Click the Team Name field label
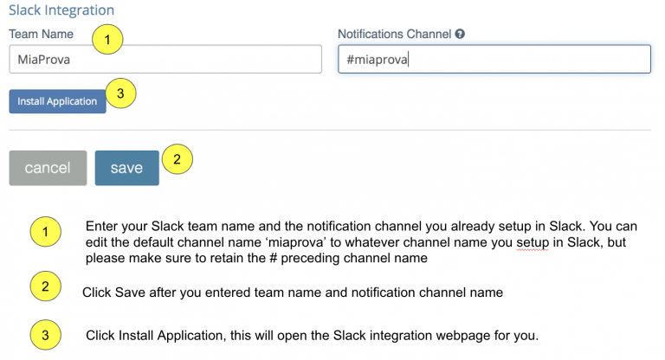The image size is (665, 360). (41, 35)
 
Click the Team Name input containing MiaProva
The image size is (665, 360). (165, 60)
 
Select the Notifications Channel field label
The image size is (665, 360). (394, 35)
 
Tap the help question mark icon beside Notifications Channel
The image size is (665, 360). (460, 35)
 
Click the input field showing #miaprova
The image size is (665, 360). (494, 60)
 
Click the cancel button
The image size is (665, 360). (48, 168)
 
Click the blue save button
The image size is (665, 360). (126, 168)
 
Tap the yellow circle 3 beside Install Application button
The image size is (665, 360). (122, 95)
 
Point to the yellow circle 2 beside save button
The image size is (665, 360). (177, 159)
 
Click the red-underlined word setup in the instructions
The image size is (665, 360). (531, 242)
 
